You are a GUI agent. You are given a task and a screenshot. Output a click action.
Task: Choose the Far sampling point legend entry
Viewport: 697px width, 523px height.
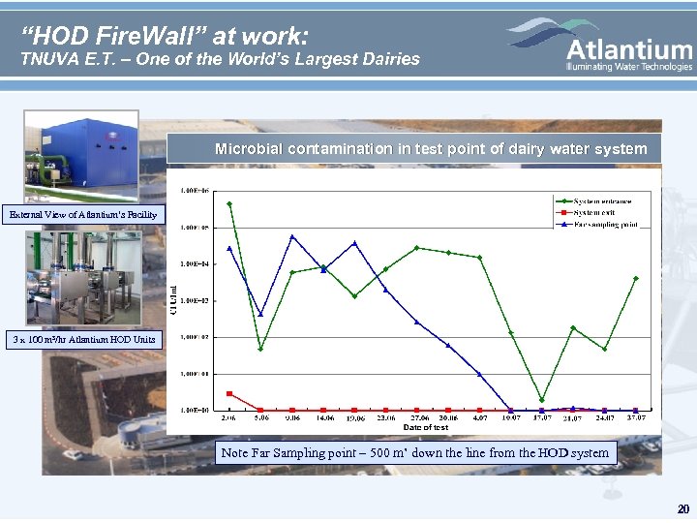609,225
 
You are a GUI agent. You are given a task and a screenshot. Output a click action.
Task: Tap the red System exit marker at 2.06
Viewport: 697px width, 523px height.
229,393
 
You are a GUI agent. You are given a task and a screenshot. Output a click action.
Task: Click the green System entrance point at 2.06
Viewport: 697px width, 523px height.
229,203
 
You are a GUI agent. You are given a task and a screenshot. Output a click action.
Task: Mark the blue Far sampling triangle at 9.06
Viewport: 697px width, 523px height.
292,236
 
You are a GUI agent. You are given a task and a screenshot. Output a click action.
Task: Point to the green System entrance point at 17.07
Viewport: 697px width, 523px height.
542,400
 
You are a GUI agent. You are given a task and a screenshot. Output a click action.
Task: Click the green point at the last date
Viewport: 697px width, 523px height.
636,278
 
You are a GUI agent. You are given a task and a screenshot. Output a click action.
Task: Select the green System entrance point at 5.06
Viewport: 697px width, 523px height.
260,349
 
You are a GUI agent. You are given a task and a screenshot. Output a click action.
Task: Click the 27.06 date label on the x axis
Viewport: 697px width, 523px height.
417,418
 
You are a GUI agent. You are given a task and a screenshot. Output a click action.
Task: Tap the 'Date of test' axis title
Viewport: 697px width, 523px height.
425,427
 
